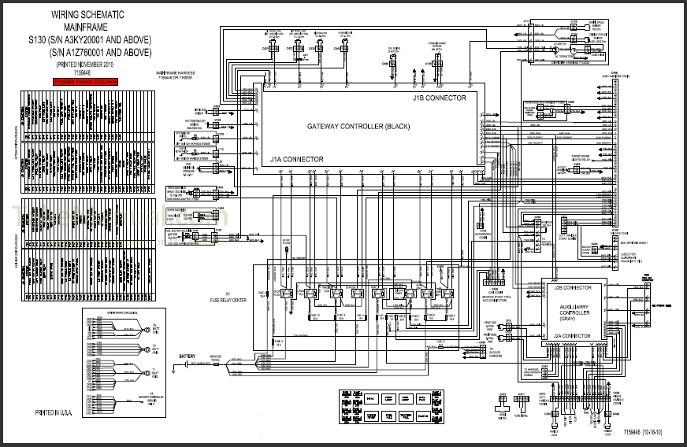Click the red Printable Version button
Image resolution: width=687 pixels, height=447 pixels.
85,81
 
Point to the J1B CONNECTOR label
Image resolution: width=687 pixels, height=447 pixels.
439,98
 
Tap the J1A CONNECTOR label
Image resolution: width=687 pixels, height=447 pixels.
296,159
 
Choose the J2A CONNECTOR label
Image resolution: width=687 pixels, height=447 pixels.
571,335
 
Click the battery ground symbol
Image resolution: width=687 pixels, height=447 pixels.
182,371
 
